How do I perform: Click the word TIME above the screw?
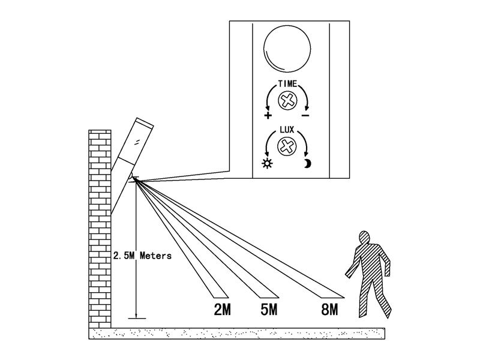coord(287,83)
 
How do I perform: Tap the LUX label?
coord(287,130)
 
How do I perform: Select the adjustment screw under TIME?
coord(287,101)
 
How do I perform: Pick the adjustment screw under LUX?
coord(287,146)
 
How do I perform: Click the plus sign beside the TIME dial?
coord(268,115)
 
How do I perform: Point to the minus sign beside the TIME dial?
coord(305,115)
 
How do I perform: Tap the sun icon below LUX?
coord(267,163)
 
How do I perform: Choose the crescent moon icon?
coord(307,164)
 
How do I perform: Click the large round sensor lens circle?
coord(287,49)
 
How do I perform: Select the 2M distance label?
coord(222,310)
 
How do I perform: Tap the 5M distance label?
coord(269,310)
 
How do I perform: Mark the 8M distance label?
coord(329,310)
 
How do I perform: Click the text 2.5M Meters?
coord(142,256)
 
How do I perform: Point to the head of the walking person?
coord(364,238)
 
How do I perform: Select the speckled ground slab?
coord(236,334)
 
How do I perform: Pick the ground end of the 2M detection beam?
coord(221,298)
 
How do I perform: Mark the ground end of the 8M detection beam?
coord(333,298)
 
